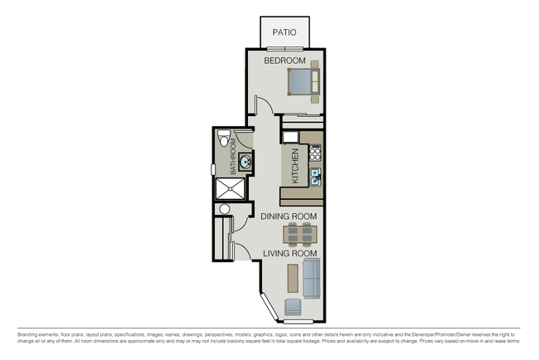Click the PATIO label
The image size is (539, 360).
point(285,33)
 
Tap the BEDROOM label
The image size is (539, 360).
point(284,61)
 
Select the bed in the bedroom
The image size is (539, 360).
point(302,82)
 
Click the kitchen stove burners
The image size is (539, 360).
point(314,153)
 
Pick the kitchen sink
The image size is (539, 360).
point(315,175)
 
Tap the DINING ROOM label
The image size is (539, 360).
point(289,216)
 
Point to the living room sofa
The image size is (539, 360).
point(312,277)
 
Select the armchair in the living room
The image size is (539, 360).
point(294,308)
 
